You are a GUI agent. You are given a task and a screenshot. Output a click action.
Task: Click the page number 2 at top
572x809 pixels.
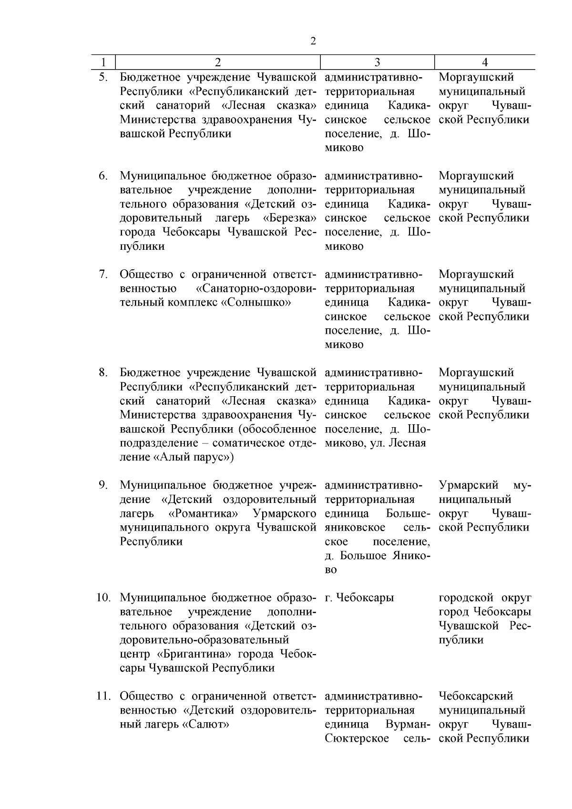click(x=313, y=41)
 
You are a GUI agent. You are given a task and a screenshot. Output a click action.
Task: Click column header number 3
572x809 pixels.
click(x=377, y=62)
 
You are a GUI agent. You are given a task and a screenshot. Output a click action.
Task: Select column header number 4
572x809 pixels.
click(x=484, y=62)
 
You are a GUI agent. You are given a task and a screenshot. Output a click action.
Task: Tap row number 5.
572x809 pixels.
click(x=103, y=77)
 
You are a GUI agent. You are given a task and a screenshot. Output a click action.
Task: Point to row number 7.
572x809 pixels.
click(x=103, y=275)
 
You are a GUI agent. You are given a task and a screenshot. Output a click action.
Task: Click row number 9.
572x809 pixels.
click(x=103, y=485)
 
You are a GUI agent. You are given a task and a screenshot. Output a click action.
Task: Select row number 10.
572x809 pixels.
click(x=103, y=598)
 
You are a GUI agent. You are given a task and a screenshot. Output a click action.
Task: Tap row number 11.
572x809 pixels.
click(x=103, y=696)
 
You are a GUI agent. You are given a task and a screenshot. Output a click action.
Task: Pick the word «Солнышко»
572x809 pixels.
click(x=256, y=303)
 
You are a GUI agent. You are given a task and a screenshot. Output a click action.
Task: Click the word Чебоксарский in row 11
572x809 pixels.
click(x=476, y=696)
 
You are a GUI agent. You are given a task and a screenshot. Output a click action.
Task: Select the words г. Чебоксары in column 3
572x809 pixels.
click(x=359, y=598)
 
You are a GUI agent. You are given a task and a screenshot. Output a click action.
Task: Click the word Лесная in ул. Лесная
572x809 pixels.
click(x=408, y=443)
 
